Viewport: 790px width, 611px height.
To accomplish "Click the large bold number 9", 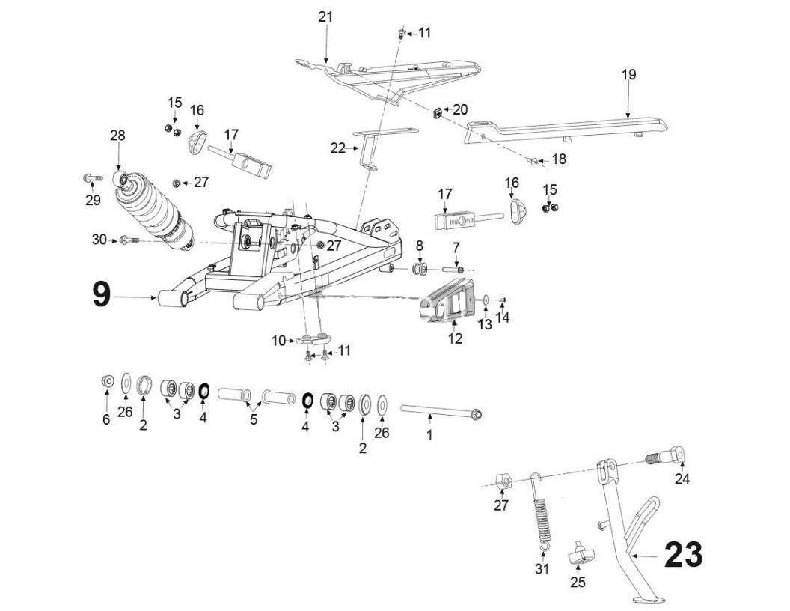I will point(101,294).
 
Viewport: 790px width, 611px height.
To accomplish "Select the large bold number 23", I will point(682,555).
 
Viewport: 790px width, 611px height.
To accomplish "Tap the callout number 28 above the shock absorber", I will point(117,136).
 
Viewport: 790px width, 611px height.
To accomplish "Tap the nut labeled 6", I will point(107,382).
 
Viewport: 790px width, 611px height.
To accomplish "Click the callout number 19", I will point(628,74).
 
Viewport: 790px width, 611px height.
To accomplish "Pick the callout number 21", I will point(325,16).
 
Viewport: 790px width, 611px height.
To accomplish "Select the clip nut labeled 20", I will point(435,113).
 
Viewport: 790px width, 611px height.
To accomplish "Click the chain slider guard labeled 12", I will point(450,303).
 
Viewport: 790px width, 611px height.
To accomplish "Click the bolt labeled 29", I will point(91,178).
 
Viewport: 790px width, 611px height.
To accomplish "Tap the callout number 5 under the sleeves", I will point(254,419).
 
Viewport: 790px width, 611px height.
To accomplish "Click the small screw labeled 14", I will point(503,300).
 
